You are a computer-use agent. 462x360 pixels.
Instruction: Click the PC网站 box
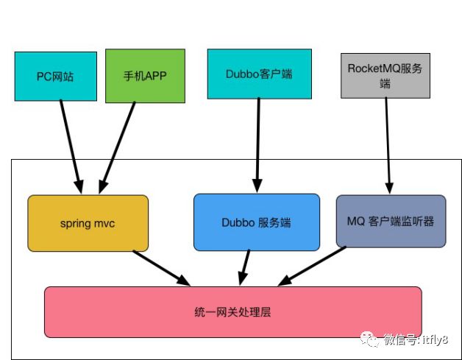pos(55,76)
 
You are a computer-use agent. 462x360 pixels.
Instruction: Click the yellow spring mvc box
pos(88,222)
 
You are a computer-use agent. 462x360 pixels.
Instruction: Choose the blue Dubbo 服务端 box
pos(257,222)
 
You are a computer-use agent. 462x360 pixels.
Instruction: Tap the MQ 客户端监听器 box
pos(391,221)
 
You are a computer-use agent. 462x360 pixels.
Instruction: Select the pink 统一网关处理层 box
pos(232,311)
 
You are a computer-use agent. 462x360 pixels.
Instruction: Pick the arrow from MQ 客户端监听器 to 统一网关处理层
pos(313,266)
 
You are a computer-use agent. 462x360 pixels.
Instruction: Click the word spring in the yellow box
pos(74,222)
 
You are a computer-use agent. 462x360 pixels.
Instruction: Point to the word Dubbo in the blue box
pos(237,222)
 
